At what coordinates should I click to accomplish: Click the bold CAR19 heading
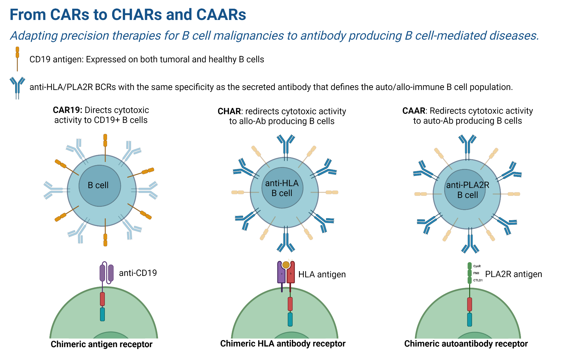(67, 110)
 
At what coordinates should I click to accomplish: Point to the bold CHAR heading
(229, 111)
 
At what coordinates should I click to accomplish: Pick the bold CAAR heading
(414, 111)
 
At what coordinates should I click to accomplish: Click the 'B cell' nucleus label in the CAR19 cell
(98, 185)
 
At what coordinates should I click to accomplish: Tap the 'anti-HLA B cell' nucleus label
(282, 188)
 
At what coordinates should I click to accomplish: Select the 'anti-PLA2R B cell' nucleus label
(468, 190)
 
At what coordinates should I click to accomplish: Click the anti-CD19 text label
(138, 273)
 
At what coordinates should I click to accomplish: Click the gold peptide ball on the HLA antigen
(286, 265)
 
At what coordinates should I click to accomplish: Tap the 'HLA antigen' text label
(322, 274)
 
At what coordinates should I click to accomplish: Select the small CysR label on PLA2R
(477, 266)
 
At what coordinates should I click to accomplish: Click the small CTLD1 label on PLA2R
(478, 280)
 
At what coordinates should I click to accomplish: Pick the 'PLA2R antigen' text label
(513, 274)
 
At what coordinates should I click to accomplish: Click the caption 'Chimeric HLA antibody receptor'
(283, 343)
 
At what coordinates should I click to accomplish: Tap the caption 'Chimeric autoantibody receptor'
(466, 344)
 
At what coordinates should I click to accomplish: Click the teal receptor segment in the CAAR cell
(469, 319)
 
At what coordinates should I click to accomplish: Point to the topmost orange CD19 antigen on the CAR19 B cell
(105, 140)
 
